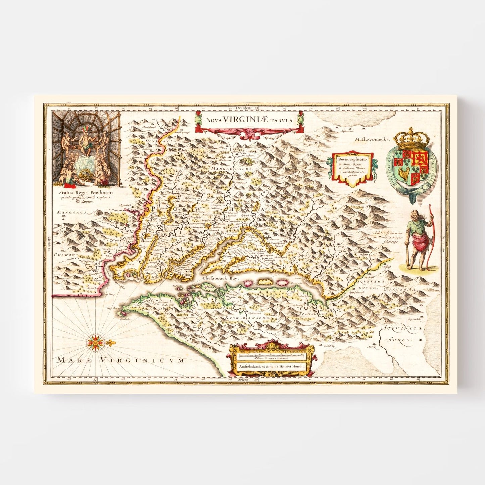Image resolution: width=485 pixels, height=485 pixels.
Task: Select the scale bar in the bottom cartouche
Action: [x=271, y=354]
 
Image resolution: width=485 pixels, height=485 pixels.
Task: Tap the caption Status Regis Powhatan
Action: [x=86, y=193]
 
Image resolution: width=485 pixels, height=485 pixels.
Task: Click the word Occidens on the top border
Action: [x=243, y=108]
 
